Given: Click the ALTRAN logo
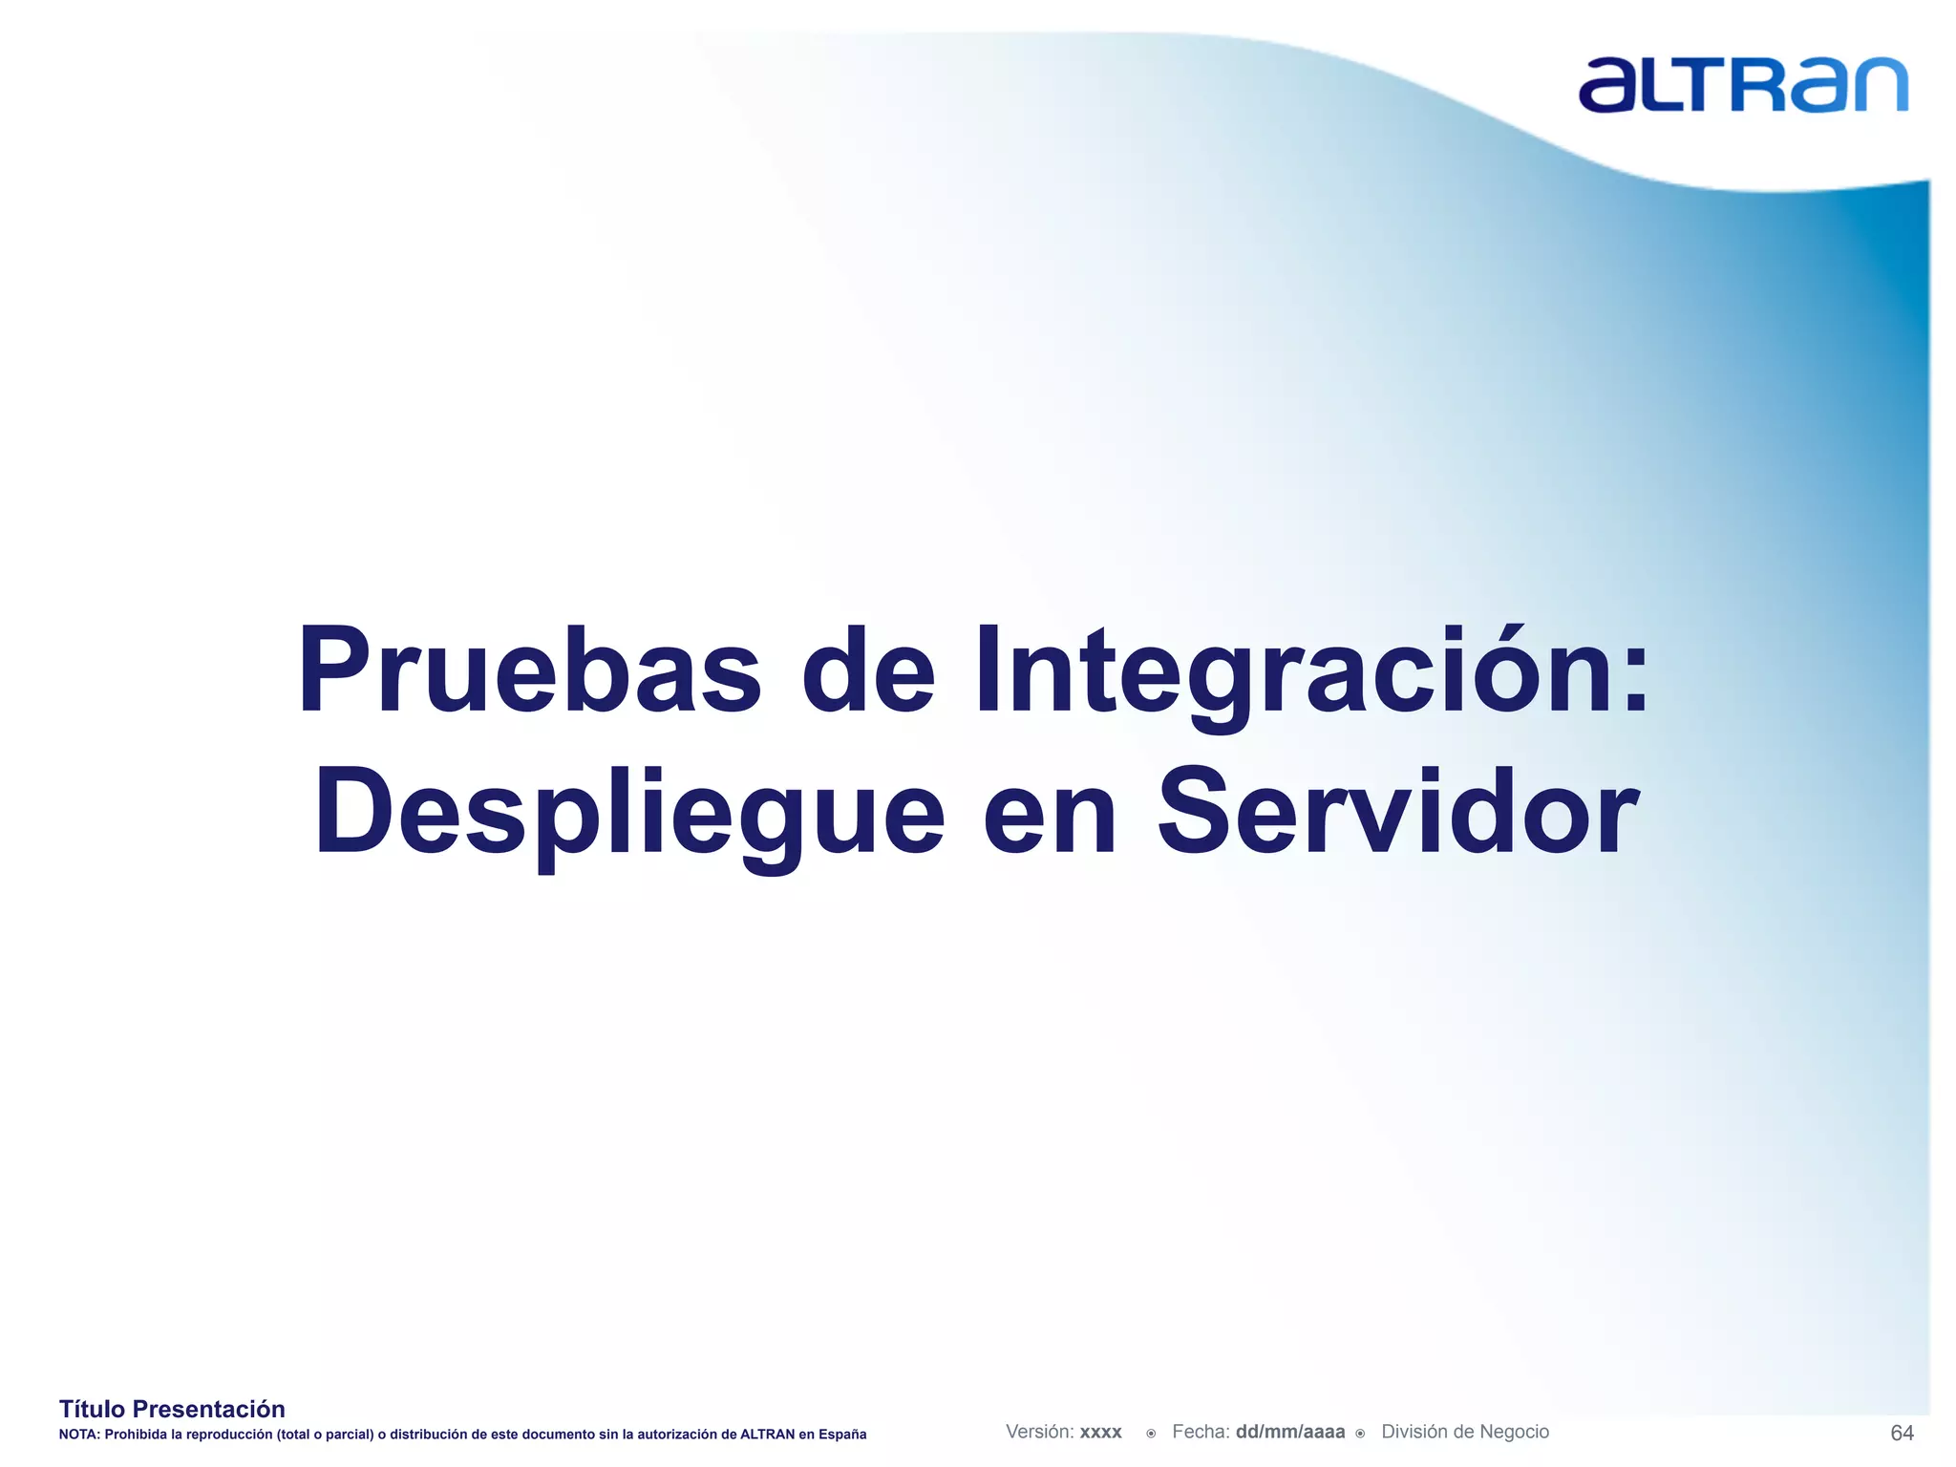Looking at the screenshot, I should [1742, 85].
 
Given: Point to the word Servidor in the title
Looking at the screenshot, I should [1398, 814].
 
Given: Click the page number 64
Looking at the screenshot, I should [1902, 1433].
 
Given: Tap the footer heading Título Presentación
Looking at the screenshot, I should [172, 1409].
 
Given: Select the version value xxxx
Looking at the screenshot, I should [1100, 1433].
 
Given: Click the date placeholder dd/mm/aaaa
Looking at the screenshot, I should [1289, 1433].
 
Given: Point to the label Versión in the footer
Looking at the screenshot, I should [1039, 1432].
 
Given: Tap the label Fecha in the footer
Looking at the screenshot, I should [1200, 1432].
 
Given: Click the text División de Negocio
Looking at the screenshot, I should [1465, 1432].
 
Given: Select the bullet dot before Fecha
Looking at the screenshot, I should [1151, 1434].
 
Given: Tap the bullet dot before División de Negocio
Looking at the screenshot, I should [1360, 1434].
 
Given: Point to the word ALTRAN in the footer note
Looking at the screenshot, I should [767, 1435].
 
